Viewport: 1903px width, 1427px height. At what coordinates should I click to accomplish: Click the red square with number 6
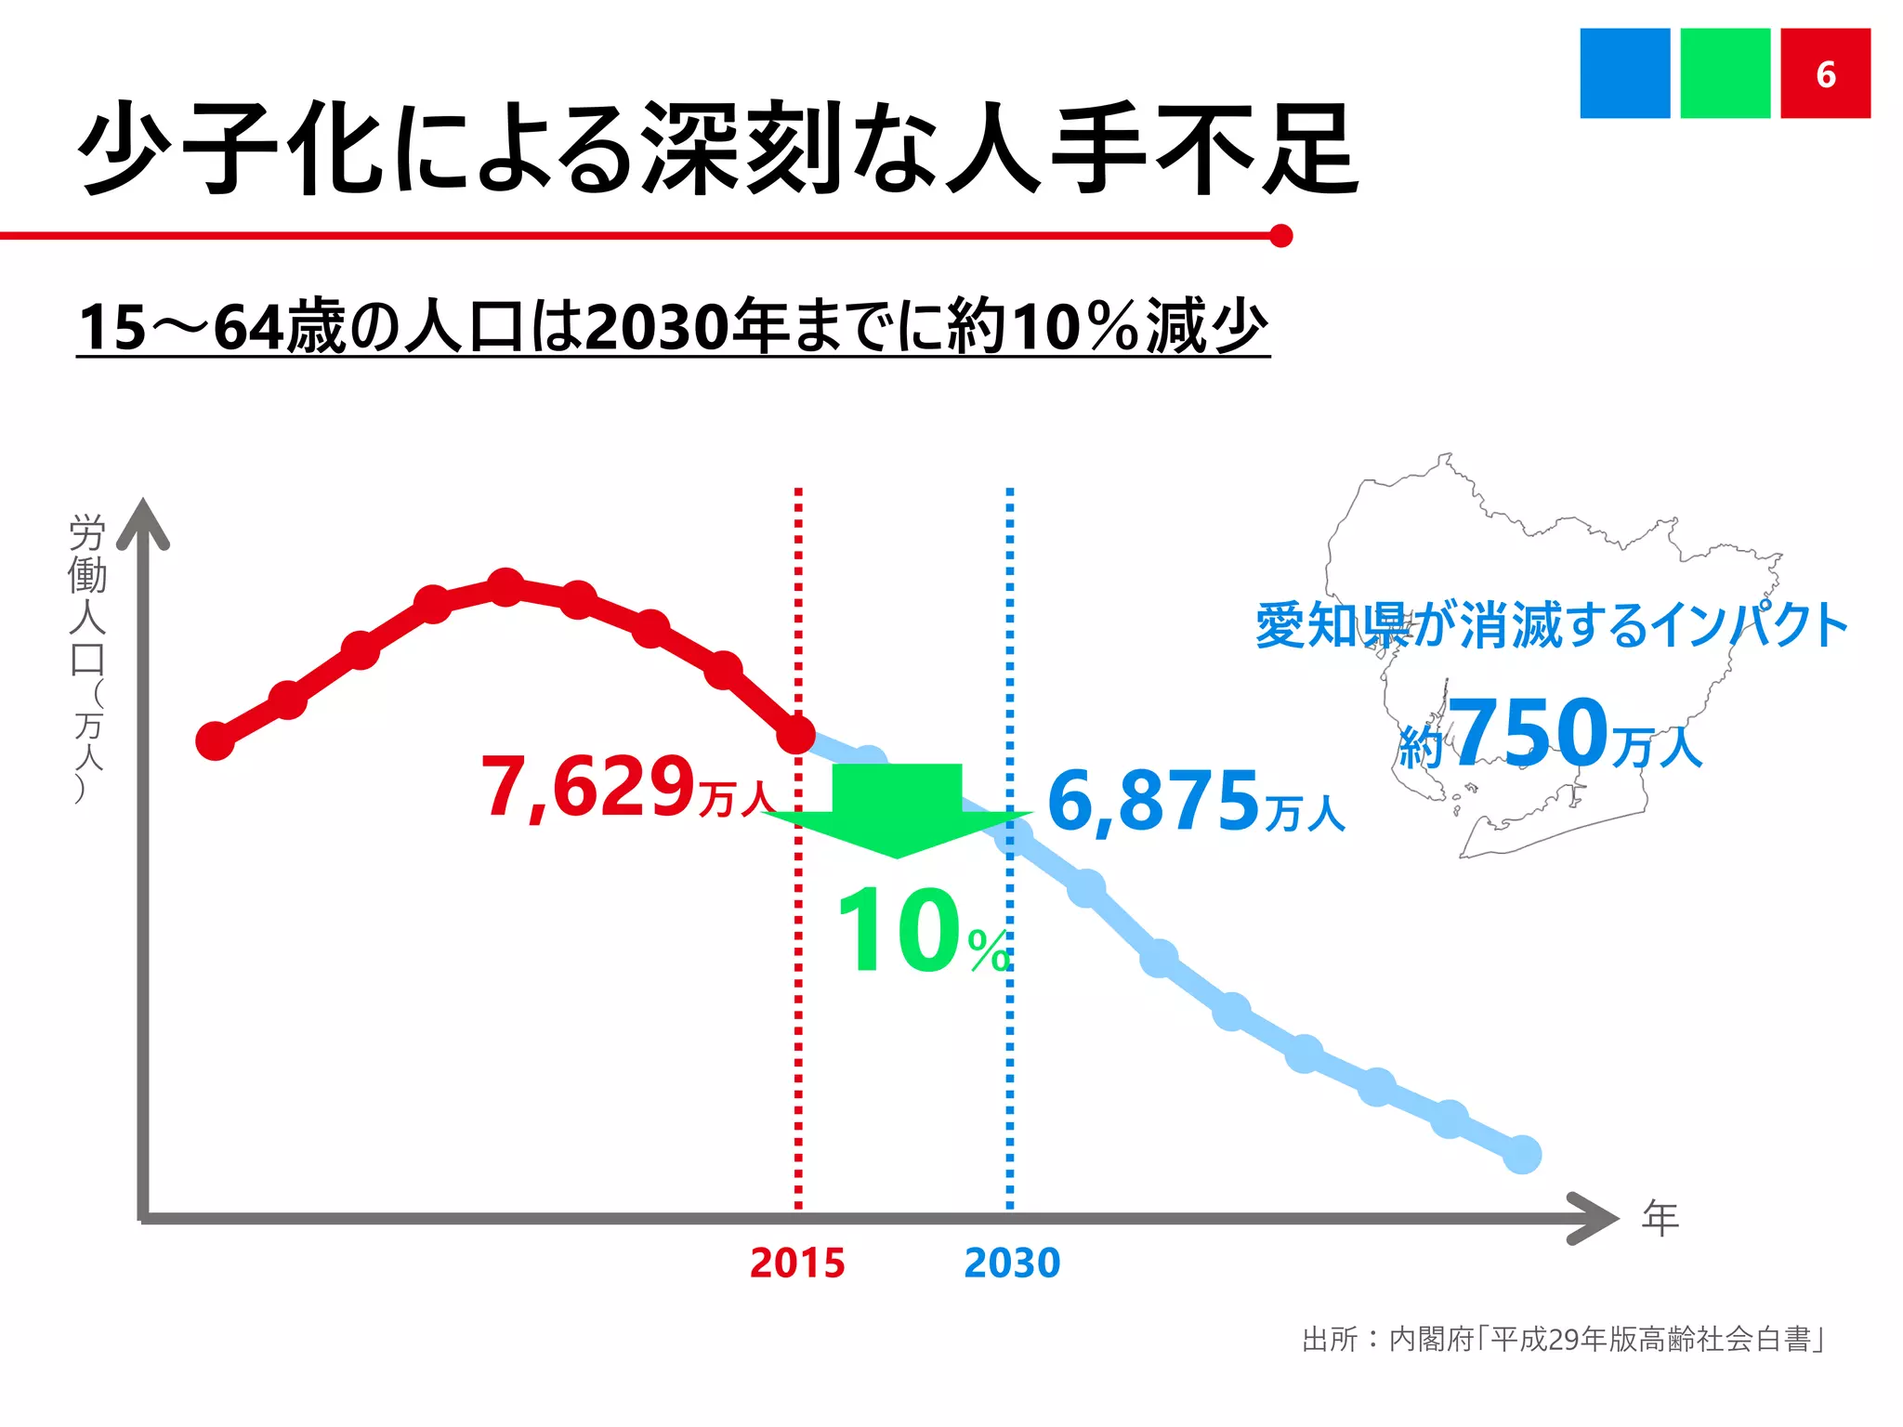[x=1825, y=73]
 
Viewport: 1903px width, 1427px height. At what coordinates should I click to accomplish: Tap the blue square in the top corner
[x=1624, y=73]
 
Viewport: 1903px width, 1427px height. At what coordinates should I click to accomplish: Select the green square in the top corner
[x=1725, y=73]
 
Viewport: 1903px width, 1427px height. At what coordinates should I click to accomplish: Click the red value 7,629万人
[x=627, y=788]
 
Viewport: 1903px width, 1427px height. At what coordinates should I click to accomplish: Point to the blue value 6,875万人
[x=1195, y=802]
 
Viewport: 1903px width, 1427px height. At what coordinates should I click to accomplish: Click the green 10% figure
[x=920, y=932]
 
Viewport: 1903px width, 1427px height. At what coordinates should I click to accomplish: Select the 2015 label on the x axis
[x=797, y=1263]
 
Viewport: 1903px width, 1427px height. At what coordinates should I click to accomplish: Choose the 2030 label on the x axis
[x=1012, y=1263]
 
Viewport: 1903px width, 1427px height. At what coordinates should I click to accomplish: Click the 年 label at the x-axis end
[x=1660, y=1218]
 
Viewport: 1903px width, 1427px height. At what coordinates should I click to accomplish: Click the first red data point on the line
[x=216, y=741]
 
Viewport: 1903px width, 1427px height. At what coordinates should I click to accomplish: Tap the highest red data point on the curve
[x=505, y=587]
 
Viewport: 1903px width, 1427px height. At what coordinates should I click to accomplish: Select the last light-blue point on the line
[x=1522, y=1155]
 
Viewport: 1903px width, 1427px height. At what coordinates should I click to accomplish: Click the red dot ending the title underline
[x=1280, y=236]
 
